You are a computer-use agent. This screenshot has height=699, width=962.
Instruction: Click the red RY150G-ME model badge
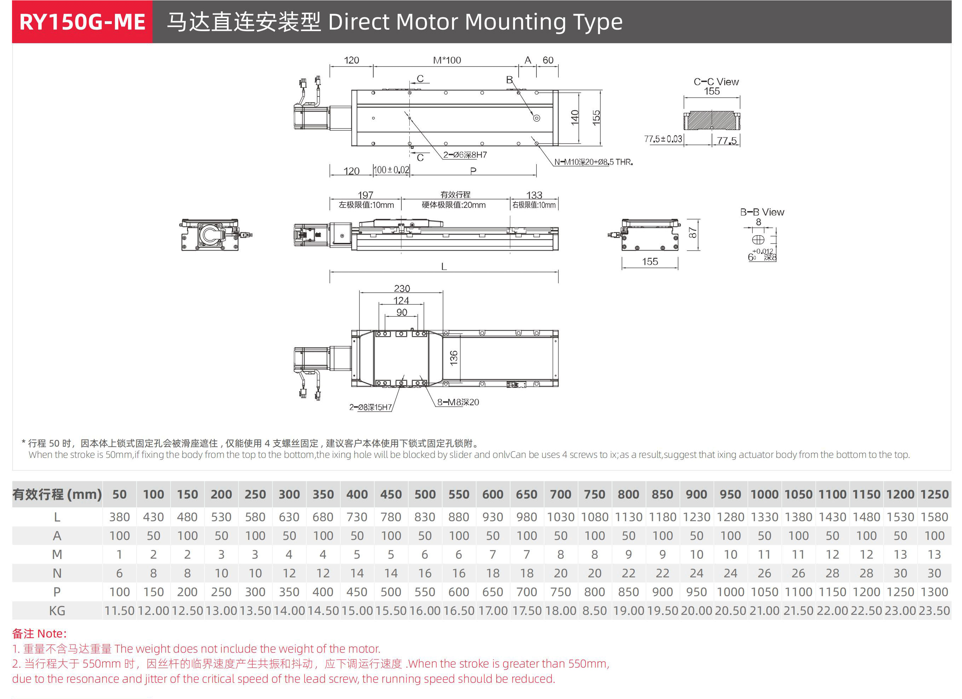point(82,22)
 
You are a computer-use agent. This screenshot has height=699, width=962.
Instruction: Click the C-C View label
point(716,82)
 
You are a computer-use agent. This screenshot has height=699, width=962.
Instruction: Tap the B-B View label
point(762,212)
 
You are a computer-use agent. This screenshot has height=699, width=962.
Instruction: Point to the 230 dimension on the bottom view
point(402,289)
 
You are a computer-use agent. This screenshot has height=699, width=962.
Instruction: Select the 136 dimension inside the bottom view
point(454,358)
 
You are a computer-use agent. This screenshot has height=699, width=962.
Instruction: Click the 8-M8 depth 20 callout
point(458,402)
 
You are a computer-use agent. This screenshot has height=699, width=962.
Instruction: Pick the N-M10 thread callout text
point(593,162)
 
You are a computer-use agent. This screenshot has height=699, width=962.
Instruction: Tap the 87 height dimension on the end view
point(693,233)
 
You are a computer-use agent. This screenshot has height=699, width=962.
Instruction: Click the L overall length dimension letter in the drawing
point(444,267)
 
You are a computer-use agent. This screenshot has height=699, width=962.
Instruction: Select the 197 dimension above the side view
point(365,195)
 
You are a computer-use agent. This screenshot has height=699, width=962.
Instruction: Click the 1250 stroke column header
point(934,494)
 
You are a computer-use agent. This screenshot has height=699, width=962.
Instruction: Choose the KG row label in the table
point(57,611)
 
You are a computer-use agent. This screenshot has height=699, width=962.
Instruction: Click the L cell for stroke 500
point(425,517)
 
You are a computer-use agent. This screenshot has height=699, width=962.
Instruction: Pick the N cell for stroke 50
point(119,573)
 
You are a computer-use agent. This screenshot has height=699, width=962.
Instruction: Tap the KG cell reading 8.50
point(594,611)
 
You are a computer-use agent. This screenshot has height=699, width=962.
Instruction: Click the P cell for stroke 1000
point(730,592)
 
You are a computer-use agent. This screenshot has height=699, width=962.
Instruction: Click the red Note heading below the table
point(39,634)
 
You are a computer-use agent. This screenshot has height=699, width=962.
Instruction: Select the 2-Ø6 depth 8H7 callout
point(465,155)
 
